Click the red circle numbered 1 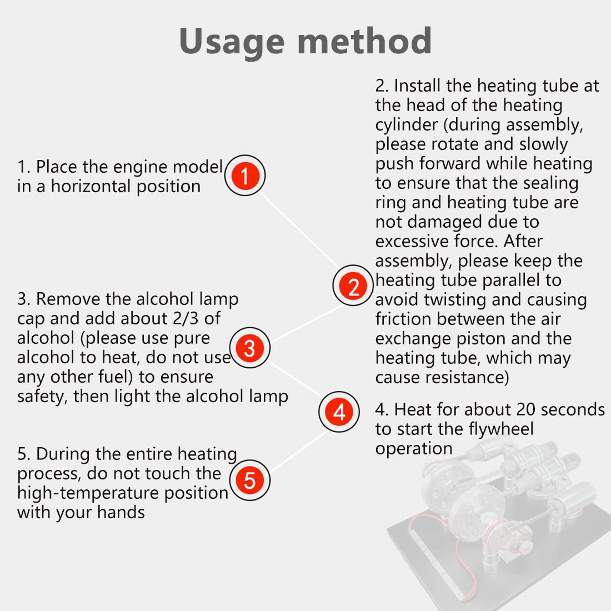tap(245, 176)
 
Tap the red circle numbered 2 tap(353, 286)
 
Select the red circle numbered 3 tap(250, 348)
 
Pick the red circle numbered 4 tap(339, 412)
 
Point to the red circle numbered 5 tap(250, 480)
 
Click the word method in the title tap(364, 41)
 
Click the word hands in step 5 tap(121, 513)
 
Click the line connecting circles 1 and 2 tap(299, 231)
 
